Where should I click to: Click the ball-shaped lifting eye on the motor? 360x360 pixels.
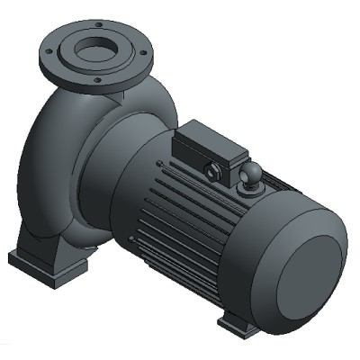click(x=251, y=175)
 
